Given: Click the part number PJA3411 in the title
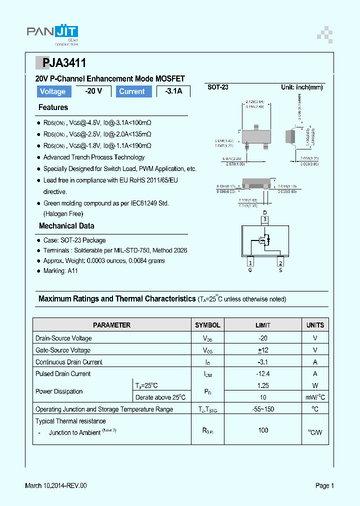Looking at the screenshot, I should click(64, 63).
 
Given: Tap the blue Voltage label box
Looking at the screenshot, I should click(52, 91).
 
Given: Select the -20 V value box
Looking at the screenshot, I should click(93, 91).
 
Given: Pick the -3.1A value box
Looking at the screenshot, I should click(173, 91).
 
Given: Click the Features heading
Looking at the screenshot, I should click(53, 107).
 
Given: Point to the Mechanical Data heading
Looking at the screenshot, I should click(66, 226).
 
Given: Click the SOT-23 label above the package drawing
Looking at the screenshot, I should click(218, 87).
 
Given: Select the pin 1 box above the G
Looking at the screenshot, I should click(250, 263).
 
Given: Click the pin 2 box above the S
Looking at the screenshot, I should click(280, 263).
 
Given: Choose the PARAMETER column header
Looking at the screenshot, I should click(111, 325).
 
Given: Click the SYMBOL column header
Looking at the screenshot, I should click(207, 325).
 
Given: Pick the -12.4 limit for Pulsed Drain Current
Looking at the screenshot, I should click(263, 373).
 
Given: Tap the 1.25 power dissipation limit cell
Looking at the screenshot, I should click(263, 385).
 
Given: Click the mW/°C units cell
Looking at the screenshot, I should click(315, 397).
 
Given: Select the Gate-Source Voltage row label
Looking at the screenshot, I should click(63, 350).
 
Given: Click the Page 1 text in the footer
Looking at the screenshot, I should click(324, 485).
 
